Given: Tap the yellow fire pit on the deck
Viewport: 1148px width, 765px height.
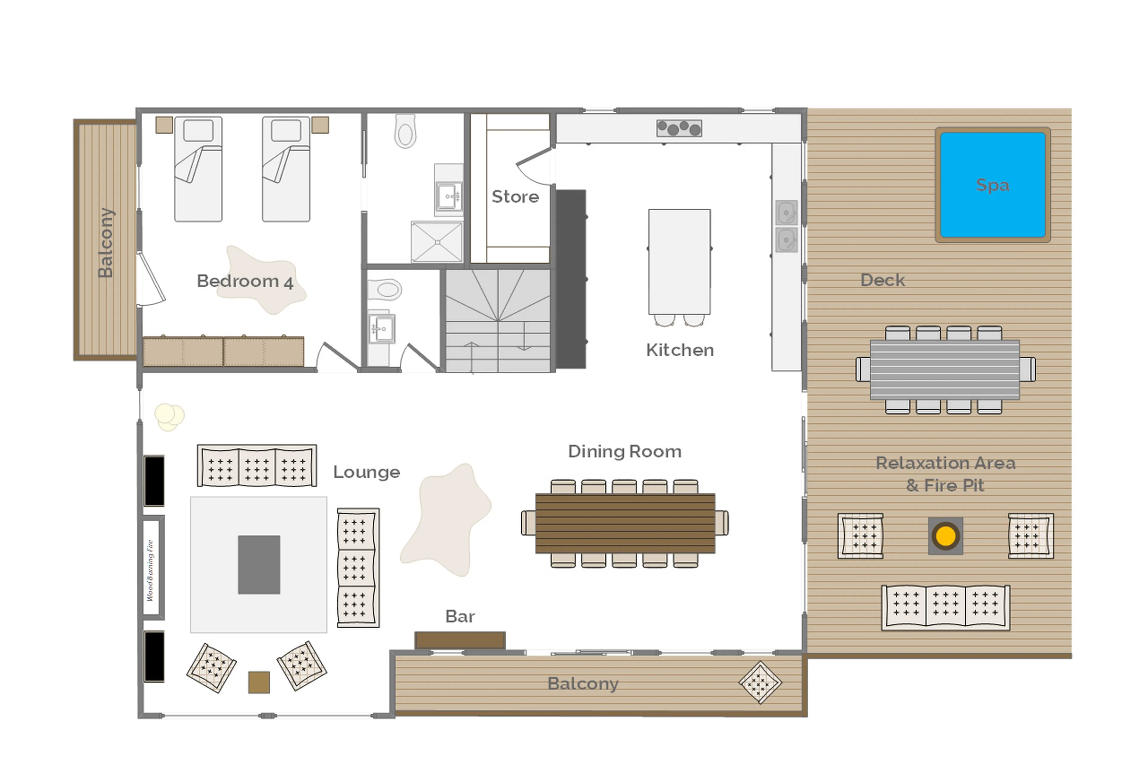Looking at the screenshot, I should tap(945, 536).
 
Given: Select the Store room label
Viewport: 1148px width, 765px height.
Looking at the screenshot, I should tap(515, 197).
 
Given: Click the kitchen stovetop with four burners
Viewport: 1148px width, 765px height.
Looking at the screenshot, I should tap(679, 128).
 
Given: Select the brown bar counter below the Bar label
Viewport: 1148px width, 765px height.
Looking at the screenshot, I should tap(459, 640).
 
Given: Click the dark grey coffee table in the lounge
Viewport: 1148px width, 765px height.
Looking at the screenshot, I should tap(259, 564).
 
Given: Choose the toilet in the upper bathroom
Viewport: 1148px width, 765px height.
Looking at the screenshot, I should tap(405, 131).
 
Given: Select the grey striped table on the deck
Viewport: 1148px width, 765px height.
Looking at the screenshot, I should tap(944, 369).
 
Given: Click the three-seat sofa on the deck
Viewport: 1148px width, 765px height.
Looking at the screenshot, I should tap(945, 607).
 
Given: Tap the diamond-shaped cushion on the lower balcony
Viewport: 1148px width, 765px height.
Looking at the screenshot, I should tap(760, 682).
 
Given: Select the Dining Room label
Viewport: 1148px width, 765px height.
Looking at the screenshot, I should tap(625, 451).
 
